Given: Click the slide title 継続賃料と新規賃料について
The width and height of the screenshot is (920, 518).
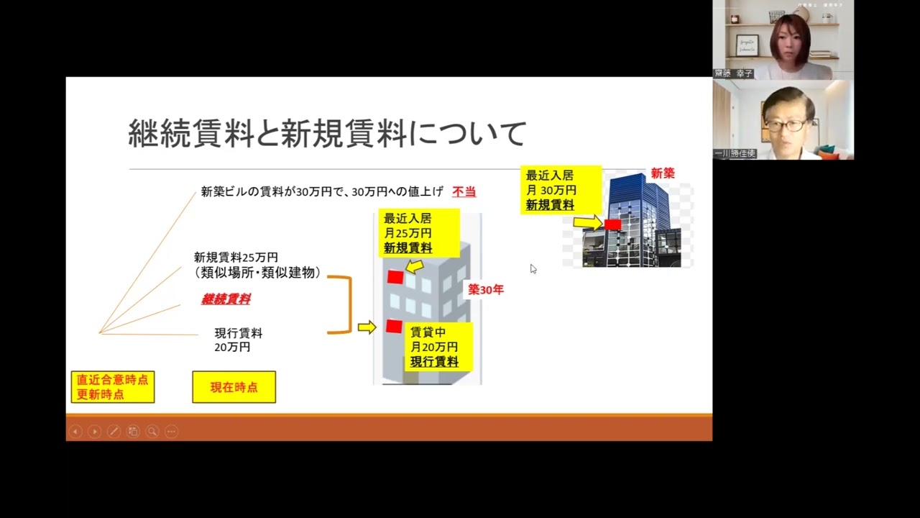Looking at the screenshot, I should (x=327, y=135).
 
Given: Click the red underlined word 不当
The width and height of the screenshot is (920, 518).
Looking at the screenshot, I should (x=464, y=192).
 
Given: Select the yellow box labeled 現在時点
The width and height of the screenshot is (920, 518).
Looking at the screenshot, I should (x=234, y=387).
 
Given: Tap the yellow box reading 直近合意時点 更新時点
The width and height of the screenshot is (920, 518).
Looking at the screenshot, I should (x=113, y=387).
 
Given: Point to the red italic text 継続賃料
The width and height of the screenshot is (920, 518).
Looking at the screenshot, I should (x=226, y=299).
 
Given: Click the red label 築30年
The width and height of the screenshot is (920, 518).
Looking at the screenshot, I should (x=486, y=290).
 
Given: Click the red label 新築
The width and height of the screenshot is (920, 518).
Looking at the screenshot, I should (x=663, y=173).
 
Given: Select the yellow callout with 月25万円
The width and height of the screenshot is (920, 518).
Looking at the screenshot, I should (x=408, y=233).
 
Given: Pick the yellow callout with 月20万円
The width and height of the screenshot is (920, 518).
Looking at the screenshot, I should (x=434, y=347).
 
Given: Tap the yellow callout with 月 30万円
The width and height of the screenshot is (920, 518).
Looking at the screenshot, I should (x=551, y=190).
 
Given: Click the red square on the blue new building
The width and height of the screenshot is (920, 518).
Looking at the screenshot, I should (x=612, y=224).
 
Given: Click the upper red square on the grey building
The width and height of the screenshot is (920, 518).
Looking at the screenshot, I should (x=395, y=277).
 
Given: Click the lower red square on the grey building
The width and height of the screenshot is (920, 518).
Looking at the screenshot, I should (x=394, y=327).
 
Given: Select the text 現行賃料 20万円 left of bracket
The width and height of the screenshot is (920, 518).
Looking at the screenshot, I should (x=238, y=340).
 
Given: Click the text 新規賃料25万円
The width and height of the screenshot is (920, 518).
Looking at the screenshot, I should (x=236, y=258).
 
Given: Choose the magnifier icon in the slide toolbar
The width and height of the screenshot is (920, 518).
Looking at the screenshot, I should (x=152, y=432).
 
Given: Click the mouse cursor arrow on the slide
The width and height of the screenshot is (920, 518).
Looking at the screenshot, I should (x=533, y=268).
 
